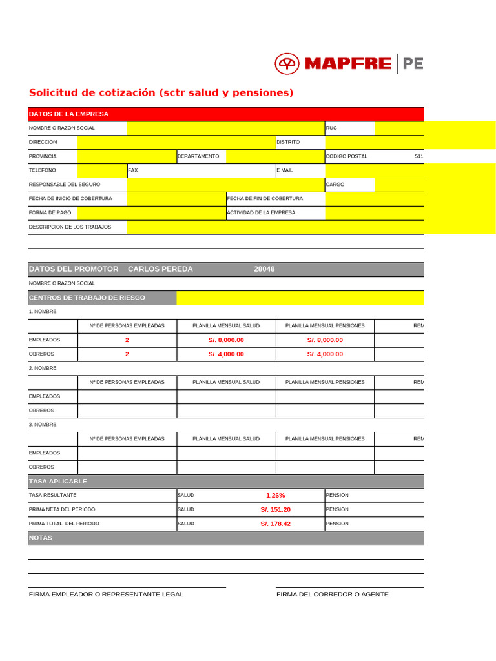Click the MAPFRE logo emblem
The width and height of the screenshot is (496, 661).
[x=287, y=63]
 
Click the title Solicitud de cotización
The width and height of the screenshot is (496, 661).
[x=161, y=93]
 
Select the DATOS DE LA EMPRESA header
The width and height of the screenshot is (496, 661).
[x=69, y=114]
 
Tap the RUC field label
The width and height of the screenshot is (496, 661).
[x=331, y=128]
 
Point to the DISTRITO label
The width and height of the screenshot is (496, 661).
[x=288, y=142]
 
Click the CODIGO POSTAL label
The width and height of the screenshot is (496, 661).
[x=346, y=156]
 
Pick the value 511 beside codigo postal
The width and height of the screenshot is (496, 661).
[x=418, y=156]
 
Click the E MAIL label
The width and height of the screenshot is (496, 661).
[x=284, y=170]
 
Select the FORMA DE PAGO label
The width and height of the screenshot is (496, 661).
[x=50, y=212]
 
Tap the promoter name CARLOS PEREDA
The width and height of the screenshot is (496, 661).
[x=160, y=269]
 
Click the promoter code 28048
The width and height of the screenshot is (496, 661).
[x=264, y=269]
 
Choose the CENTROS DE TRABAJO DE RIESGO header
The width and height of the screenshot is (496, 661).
[x=87, y=298]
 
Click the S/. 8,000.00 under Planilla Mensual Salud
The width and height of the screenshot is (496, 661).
[x=226, y=340]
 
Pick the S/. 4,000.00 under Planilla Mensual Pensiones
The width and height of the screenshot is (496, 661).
[x=325, y=354]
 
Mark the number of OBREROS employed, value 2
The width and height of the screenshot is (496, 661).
[x=127, y=354]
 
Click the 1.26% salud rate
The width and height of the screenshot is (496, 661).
[x=275, y=496]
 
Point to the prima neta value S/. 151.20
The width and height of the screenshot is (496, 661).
[x=275, y=510]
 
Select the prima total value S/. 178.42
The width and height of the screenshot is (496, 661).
[x=275, y=524]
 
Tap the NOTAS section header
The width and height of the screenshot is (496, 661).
[x=41, y=538]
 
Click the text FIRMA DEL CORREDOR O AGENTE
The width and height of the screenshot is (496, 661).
[x=332, y=595]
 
